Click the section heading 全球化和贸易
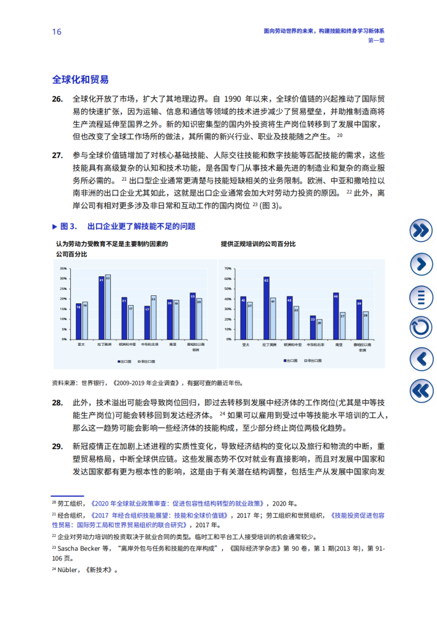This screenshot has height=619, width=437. pos(81,80)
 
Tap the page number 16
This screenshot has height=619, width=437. pos(57,32)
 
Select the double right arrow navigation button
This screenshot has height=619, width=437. pos(421,231)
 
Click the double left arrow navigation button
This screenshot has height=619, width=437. pos(421,390)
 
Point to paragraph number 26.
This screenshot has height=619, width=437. pos(57,99)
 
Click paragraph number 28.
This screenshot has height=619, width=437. pos(57,402)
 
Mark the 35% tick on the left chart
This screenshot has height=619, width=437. pos(63,269)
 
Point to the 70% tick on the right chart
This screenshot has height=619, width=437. pos(228,269)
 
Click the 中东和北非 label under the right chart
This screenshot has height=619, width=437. pos(316,345)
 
